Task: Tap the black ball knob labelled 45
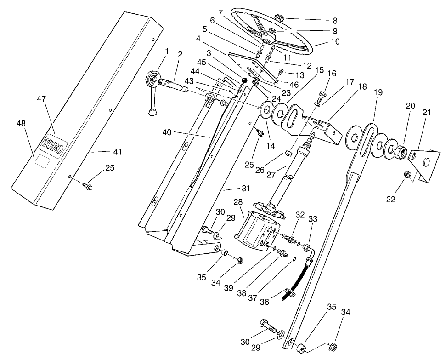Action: (244, 81)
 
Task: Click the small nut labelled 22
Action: (406, 175)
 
